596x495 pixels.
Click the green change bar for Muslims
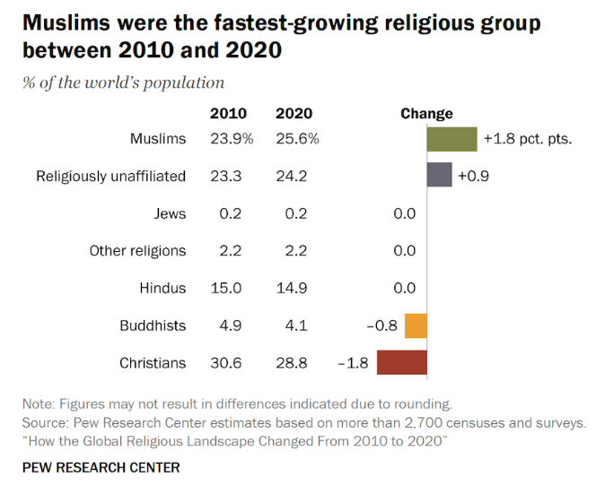(451, 139)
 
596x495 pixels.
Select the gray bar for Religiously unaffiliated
(439, 176)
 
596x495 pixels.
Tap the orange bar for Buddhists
(416, 326)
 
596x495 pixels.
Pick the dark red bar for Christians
(401, 362)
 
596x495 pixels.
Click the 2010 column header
(228, 114)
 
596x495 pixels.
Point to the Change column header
(426, 114)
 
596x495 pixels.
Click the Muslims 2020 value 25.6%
(297, 139)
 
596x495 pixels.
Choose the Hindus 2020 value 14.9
(292, 288)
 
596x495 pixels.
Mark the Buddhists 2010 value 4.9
(232, 326)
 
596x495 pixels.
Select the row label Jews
(170, 213)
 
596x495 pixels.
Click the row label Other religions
(137, 251)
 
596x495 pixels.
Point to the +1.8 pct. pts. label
(527, 139)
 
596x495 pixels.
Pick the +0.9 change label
(472, 176)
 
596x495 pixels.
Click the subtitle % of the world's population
(124, 83)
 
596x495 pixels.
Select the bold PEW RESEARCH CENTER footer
(101, 467)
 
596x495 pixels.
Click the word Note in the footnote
(39, 403)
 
